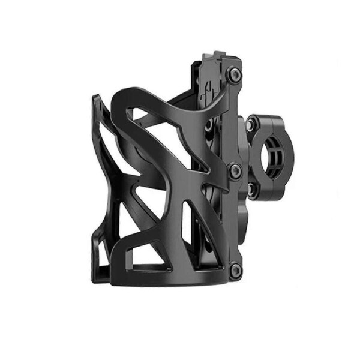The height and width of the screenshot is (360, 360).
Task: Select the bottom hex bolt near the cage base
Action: click(x=235, y=269)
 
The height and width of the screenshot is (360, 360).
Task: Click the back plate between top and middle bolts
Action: click(x=225, y=120)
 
